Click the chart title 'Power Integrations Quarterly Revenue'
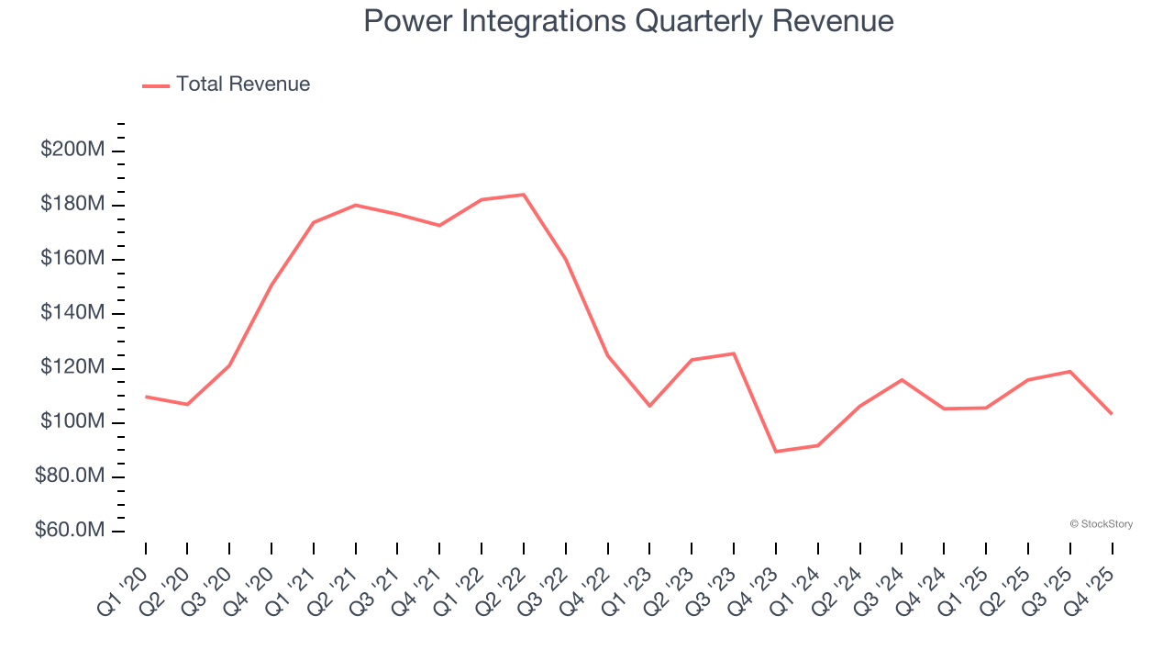(x=628, y=21)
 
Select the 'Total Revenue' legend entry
(x=242, y=84)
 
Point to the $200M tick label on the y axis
(x=72, y=150)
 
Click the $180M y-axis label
(x=72, y=204)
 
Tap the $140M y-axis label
(x=72, y=313)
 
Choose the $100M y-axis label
(x=72, y=422)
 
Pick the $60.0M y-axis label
(x=70, y=531)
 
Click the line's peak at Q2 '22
(x=524, y=195)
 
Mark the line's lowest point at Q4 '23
(x=776, y=452)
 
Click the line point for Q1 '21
(x=314, y=222)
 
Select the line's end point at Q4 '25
(x=1112, y=414)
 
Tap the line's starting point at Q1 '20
(x=146, y=397)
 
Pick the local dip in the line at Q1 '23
(x=649, y=406)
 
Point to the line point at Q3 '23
(x=734, y=353)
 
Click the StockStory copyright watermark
(x=1101, y=524)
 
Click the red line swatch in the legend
(x=156, y=85)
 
